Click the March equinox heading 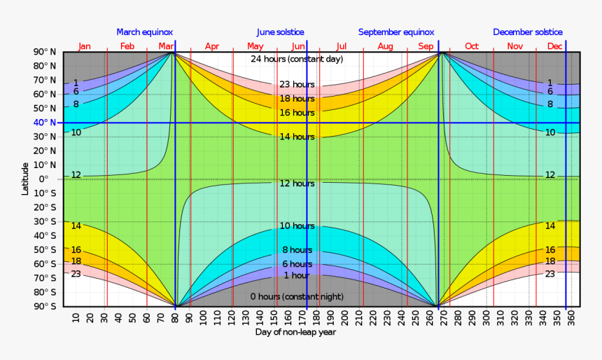pos(144,32)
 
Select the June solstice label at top pos(280,32)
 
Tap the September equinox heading pos(396,32)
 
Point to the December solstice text pos(528,32)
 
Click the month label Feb pos(127,46)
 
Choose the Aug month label pos(385,46)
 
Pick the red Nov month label pos(515,46)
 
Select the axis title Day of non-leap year pos(295,332)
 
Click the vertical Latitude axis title pos(26,179)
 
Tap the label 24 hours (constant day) pos(297,59)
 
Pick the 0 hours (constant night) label pos(297,297)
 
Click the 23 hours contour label pos(297,85)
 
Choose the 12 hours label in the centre pos(297,184)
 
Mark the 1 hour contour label pos(297,275)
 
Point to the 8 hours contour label pos(297,250)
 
